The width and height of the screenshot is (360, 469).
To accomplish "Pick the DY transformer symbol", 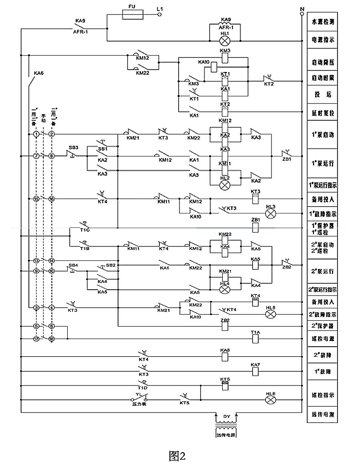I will tap(227, 424).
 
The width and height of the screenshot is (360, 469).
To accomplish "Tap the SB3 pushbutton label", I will tap(73, 147).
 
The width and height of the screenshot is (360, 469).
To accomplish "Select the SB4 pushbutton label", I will tap(73, 265).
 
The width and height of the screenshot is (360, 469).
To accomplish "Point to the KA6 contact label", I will tap(38, 73).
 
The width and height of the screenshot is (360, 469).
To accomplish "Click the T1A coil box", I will tap(255, 338).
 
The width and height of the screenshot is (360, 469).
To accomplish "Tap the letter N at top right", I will tap(301, 9).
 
